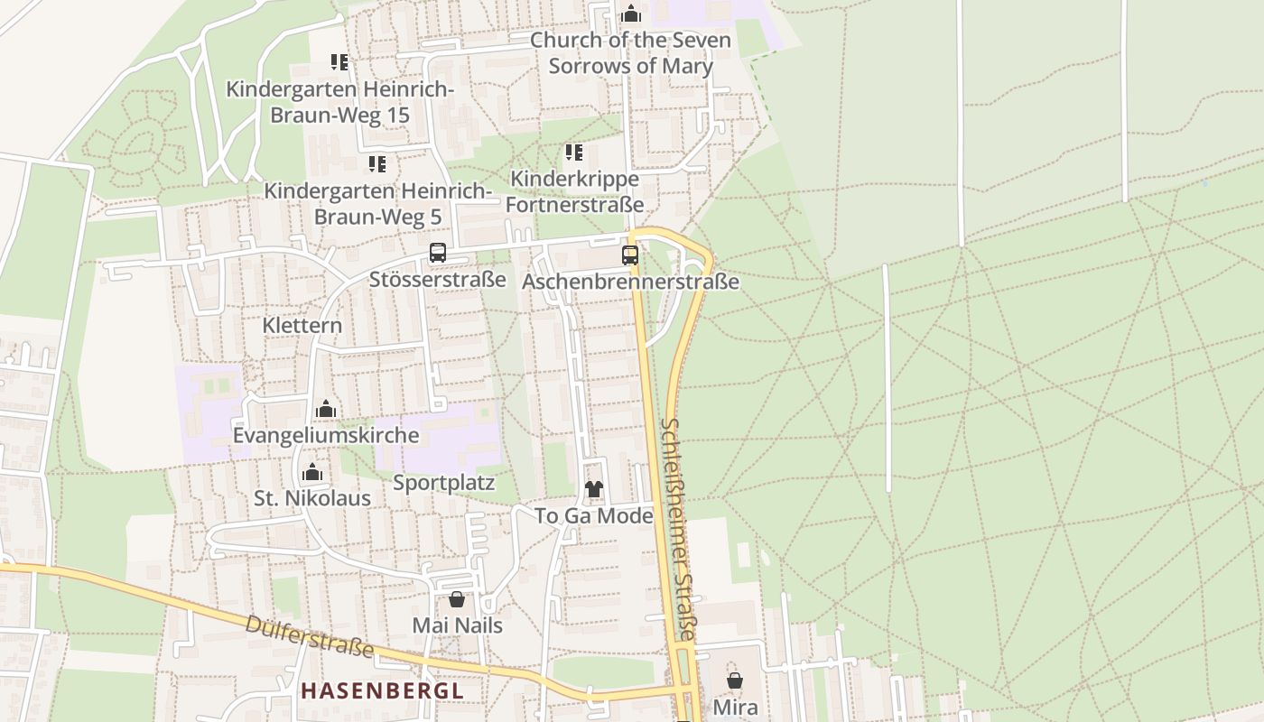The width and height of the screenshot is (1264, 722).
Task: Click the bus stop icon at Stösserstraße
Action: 438,253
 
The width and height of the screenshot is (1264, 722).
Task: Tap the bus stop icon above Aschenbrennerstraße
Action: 630,255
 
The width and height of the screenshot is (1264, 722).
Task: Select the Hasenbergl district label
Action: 382,691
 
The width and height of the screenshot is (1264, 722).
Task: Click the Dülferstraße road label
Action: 310,636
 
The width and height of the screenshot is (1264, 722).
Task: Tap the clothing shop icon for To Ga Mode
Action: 594,489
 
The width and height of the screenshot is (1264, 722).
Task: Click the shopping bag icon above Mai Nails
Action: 457,598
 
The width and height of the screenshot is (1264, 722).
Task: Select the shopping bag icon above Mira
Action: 735,680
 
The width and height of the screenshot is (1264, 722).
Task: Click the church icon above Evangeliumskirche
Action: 326,410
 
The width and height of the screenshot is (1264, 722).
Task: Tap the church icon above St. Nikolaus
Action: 312,472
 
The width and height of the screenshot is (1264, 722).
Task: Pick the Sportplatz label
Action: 444,483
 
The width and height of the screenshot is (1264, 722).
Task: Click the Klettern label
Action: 302,325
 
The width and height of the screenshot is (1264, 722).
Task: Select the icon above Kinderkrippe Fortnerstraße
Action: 573,153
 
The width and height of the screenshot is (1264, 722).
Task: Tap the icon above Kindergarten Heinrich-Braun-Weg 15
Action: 339,62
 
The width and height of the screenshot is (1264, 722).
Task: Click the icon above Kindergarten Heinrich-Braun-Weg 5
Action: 377,164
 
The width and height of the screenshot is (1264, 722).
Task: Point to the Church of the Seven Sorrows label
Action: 630,52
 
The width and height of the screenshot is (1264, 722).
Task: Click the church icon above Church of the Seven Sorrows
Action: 631,14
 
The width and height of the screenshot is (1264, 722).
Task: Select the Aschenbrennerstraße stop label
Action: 630,282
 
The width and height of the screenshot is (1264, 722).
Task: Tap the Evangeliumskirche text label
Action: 326,435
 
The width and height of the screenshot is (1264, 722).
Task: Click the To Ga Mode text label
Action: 593,516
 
